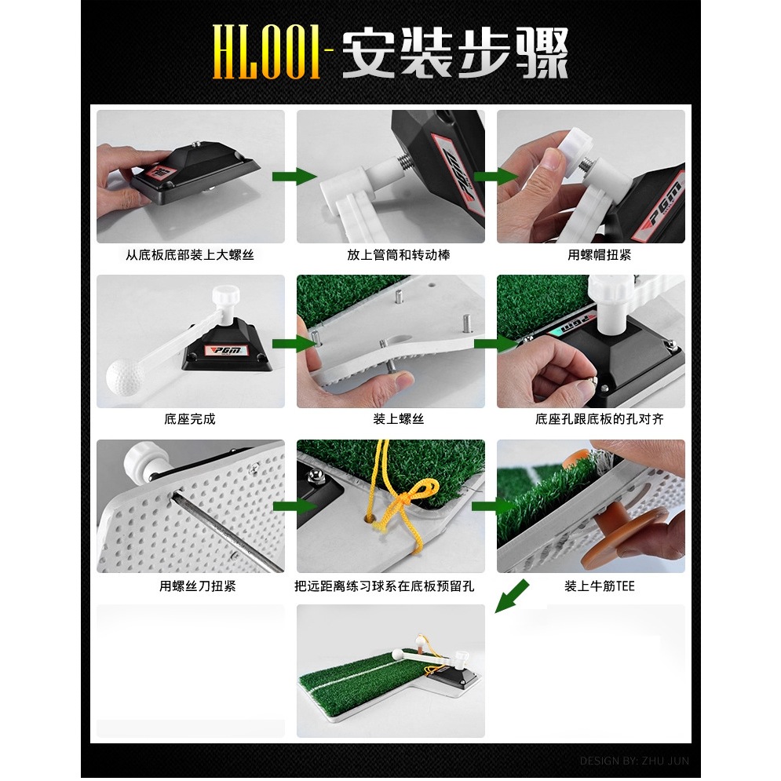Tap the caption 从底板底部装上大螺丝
point(190,255)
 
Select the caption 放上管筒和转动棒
point(399,255)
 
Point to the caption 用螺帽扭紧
point(599,255)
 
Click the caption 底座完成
point(190,419)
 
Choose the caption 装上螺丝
point(399,419)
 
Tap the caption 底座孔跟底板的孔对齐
point(599,419)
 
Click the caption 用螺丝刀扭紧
point(197,586)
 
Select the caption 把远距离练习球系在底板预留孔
point(384,586)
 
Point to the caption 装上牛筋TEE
point(599,586)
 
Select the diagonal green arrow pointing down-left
point(512,596)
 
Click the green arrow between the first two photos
point(294,176)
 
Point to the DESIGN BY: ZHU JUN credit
point(634,761)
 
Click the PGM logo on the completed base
point(227,350)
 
